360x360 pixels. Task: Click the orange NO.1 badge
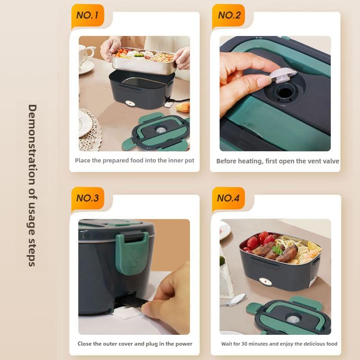(87, 15)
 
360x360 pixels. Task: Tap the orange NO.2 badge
(229, 15)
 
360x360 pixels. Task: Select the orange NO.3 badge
(87, 198)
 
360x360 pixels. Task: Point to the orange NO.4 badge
(229, 198)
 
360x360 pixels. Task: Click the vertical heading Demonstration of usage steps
(32, 185)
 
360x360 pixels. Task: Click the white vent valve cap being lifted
(283, 75)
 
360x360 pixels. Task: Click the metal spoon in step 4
(234, 300)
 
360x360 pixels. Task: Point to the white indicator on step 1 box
(130, 104)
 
